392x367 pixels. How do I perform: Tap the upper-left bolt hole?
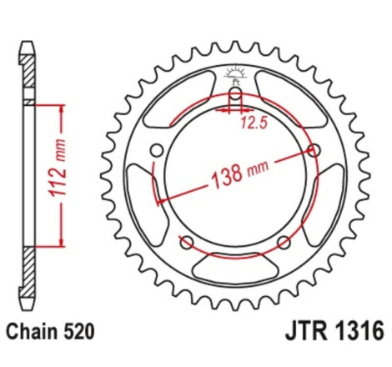click(156, 150)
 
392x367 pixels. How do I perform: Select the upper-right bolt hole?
click(314, 150)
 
